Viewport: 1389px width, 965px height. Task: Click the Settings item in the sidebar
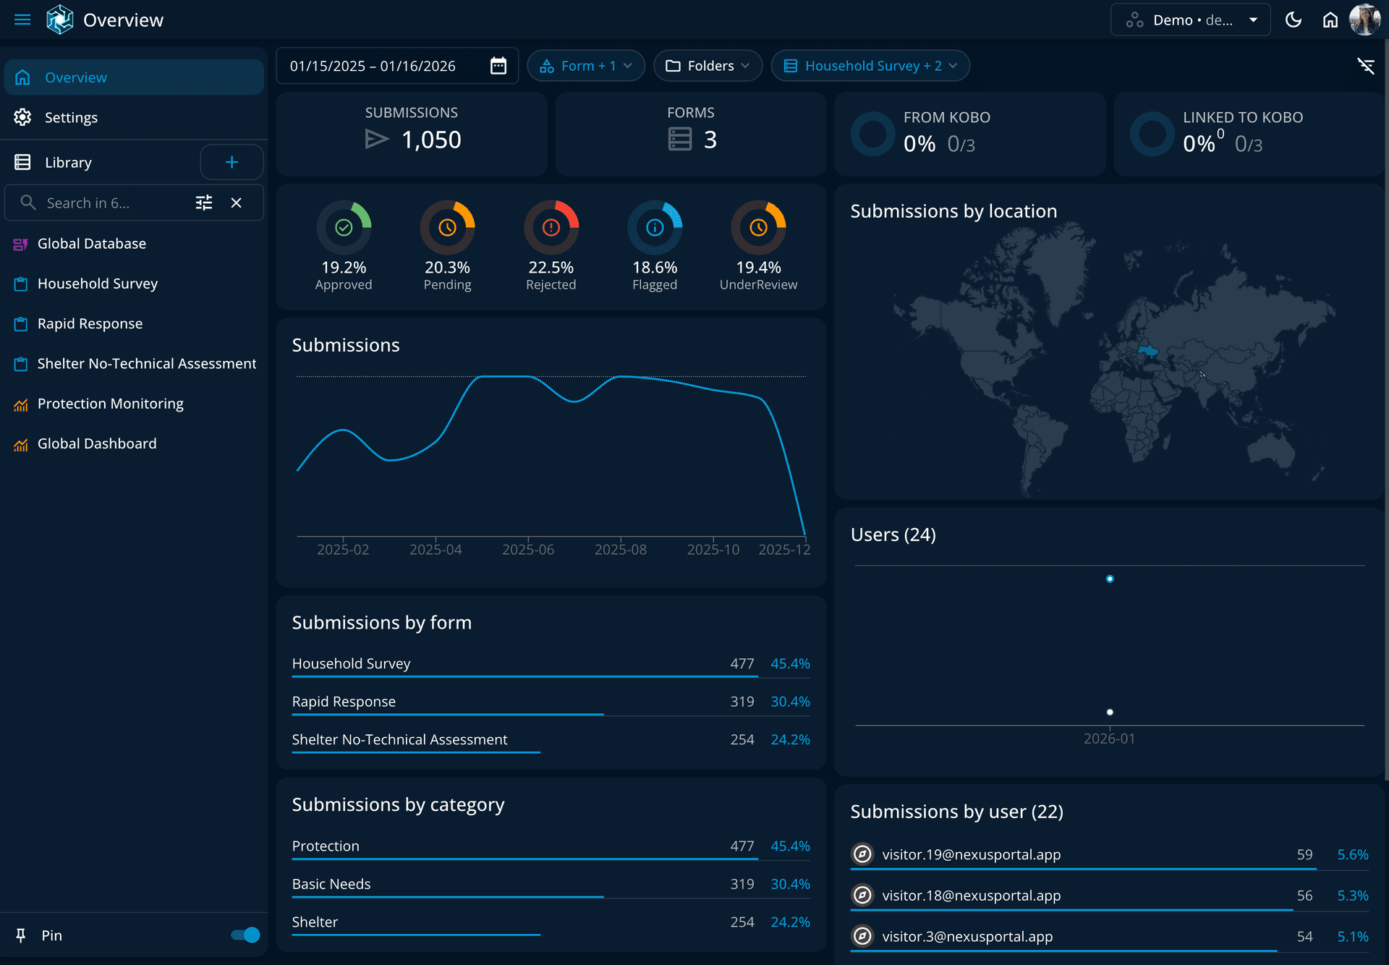point(71,117)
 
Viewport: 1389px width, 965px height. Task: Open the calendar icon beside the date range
point(498,66)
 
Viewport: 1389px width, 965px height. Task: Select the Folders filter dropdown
point(708,66)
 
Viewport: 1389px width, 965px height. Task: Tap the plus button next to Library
point(231,162)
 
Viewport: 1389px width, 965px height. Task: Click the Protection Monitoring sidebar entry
point(110,404)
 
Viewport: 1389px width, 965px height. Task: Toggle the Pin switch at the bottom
point(246,935)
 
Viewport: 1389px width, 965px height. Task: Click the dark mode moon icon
point(1294,20)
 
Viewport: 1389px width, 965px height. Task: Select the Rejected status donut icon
point(551,228)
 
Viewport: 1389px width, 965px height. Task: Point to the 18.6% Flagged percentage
point(655,268)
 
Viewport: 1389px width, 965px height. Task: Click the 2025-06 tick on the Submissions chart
point(528,549)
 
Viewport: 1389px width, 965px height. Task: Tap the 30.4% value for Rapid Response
point(790,702)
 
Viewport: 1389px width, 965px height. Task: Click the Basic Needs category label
point(331,884)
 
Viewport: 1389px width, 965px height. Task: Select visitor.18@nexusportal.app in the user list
point(971,896)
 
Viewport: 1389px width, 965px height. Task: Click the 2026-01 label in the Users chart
point(1109,739)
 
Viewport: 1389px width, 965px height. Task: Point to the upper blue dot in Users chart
point(1110,579)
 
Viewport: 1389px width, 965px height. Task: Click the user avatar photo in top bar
point(1364,20)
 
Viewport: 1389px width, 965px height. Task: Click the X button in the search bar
point(236,203)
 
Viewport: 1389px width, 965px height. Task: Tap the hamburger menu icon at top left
point(22,20)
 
